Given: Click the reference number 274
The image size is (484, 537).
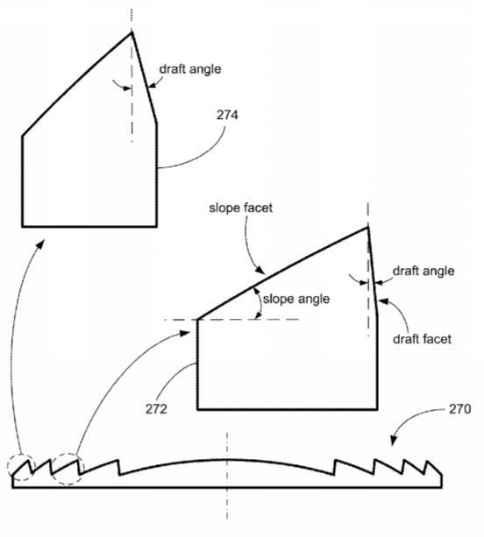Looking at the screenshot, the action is point(227,115).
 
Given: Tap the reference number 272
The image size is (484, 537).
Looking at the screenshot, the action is point(156,409).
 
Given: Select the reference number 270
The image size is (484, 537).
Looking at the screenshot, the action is point(460,409).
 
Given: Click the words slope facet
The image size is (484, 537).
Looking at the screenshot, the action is point(240,208).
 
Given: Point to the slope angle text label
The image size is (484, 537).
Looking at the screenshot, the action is point(296,299).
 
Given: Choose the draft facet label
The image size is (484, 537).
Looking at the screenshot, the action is point(422,339).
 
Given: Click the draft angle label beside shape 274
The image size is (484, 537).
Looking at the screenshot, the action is point(190,69).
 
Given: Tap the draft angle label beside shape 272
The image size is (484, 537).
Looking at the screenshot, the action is point(423,271).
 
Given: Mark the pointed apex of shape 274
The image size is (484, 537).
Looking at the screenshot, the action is point(132,32).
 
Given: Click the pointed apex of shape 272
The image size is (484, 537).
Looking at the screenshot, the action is point(367,227).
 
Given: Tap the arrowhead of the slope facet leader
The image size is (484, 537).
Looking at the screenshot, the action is point(261,272).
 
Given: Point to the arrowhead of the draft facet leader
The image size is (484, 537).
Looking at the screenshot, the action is point(382,301).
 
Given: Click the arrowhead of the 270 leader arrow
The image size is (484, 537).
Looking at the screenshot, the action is point(393,442).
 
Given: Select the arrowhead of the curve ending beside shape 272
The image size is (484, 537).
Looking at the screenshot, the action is point(187,333).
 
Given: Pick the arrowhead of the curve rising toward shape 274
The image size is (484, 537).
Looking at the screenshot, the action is point(42,243).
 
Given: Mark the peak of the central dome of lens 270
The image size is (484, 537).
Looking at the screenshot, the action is point(226,459).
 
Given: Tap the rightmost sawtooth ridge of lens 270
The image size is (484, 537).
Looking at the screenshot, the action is point(433,468).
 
